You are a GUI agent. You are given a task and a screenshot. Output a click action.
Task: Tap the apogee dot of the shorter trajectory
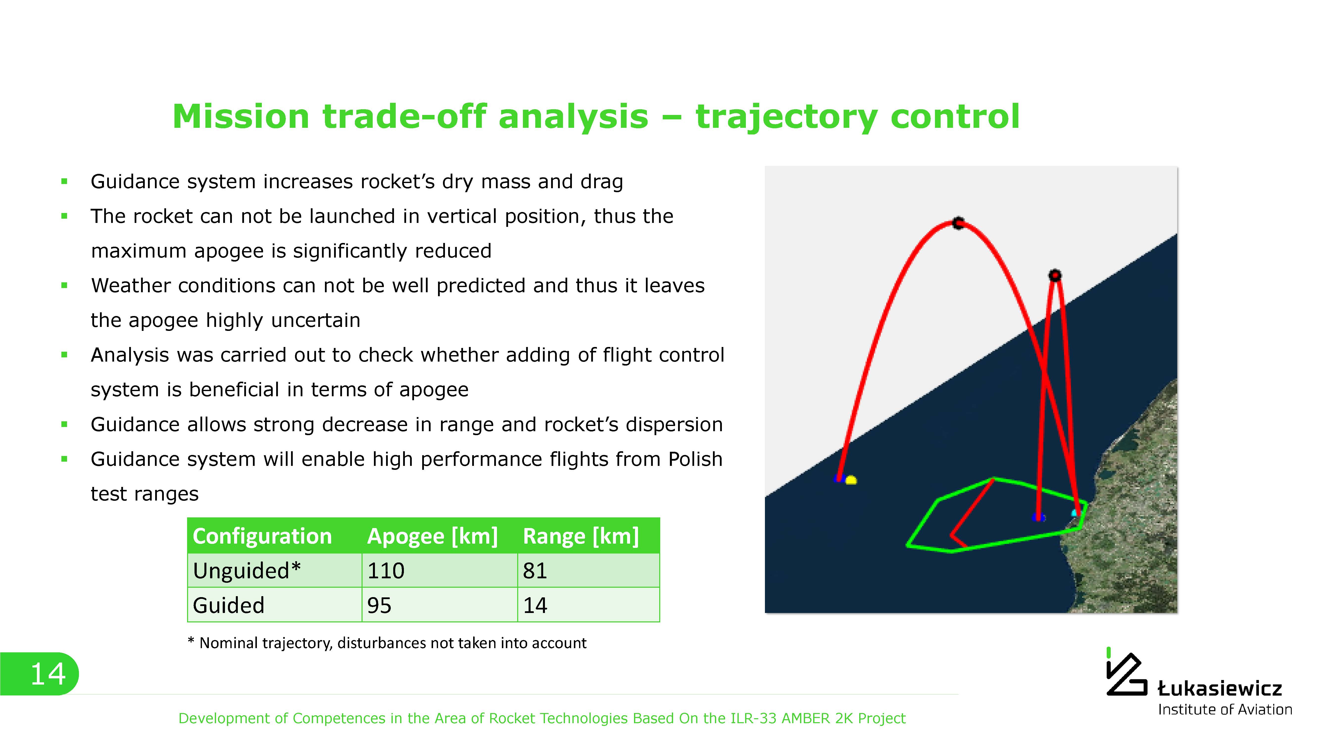(1054, 275)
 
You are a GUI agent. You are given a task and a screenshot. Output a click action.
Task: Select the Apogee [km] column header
(433, 536)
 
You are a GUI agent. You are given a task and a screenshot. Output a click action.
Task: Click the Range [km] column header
(581, 536)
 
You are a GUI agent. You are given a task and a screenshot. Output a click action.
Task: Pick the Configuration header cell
(262, 536)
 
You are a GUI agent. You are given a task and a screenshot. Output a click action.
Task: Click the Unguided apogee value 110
(386, 571)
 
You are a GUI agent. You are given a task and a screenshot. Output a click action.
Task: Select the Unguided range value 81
(535, 571)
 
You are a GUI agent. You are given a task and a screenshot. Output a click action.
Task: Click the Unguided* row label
(247, 571)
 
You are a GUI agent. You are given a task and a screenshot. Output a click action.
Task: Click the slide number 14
(48, 674)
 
